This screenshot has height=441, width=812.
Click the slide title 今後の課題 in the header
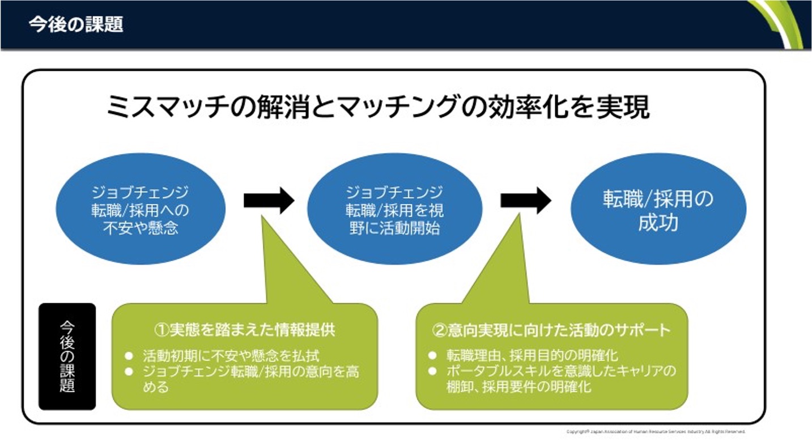[x=76, y=26]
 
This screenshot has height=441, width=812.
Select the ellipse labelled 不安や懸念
[x=141, y=209]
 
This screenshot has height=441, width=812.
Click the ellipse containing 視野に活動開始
[x=395, y=209]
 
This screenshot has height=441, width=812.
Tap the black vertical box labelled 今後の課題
[x=67, y=357]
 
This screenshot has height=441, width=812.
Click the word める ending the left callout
[x=156, y=388]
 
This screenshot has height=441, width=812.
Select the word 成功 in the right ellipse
[x=658, y=223]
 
